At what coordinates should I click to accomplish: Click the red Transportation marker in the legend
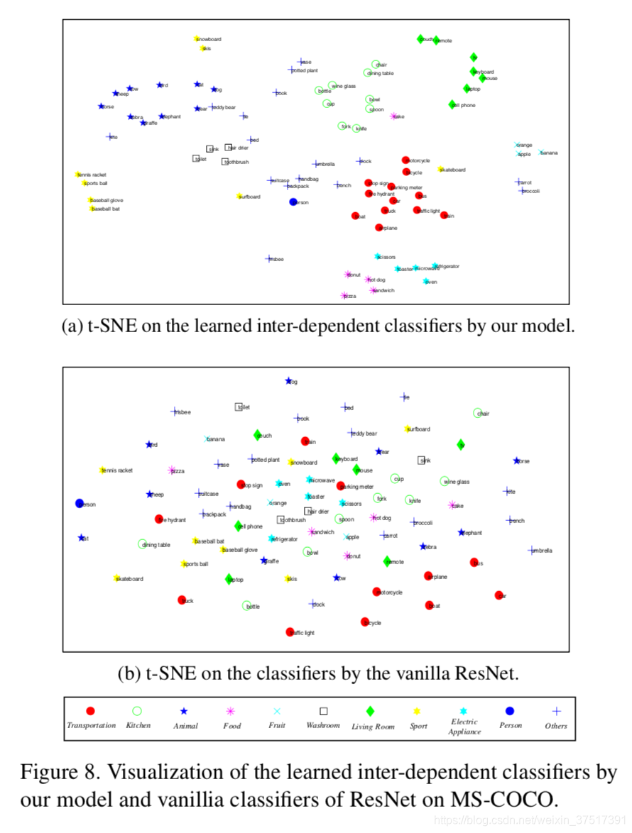point(90,711)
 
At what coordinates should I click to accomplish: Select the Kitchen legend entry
point(138,725)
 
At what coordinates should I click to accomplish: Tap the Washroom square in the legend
point(323,711)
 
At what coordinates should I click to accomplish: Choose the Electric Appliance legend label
point(464,727)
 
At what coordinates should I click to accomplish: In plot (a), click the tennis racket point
point(78,175)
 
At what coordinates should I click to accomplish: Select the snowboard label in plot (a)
point(210,39)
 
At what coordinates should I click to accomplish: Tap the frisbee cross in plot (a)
point(269,259)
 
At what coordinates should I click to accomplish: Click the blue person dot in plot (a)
point(293,202)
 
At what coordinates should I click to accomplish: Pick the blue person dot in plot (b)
point(80,503)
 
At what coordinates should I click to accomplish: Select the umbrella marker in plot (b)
point(531,550)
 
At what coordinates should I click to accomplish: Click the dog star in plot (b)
point(288,381)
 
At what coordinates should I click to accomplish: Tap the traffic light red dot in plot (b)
point(290,631)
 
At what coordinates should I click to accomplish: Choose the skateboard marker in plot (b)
point(117,578)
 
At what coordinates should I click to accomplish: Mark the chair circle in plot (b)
point(478,413)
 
